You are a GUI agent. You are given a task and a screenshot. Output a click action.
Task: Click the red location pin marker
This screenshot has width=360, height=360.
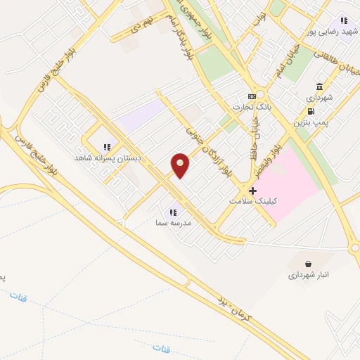[181, 165]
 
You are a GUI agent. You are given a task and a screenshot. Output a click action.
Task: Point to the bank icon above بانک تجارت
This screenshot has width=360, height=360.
[251, 96]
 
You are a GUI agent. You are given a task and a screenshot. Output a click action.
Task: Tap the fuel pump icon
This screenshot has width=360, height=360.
[310, 111]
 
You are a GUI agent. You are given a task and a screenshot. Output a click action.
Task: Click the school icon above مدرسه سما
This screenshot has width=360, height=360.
[173, 212]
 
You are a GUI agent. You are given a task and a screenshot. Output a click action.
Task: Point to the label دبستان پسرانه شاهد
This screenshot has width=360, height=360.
[108, 158]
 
